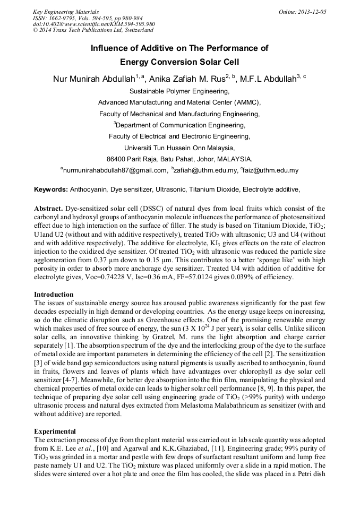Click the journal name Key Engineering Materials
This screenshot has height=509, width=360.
[66, 11]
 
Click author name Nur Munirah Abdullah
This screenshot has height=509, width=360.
[93, 80]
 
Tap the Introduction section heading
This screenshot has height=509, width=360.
[54, 294]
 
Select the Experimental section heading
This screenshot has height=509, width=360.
[55, 431]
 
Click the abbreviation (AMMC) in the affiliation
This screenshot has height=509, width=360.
[248, 102]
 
